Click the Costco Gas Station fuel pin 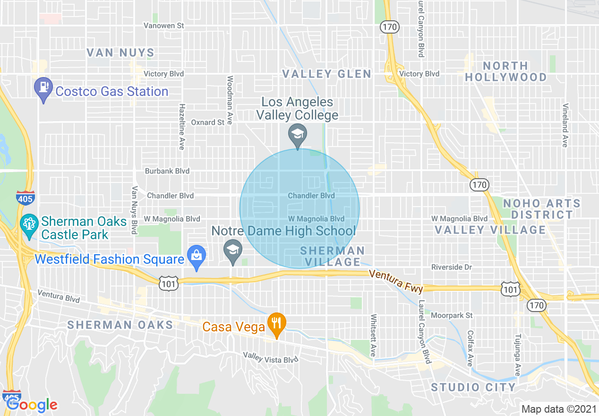click(x=43, y=88)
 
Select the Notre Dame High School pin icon click(x=232, y=251)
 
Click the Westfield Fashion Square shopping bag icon click(x=196, y=256)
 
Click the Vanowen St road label click(x=164, y=26)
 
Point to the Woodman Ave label click(x=230, y=100)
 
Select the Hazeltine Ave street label click(x=181, y=127)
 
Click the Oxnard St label click(x=207, y=122)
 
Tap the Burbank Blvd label click(x=167, y=171)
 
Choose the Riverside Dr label click(x=452, y=267)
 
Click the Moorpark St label click(x=452, y=315)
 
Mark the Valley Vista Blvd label click(x=271, y=357)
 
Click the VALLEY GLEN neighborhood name click(x=326, y=74)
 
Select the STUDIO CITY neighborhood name click(x=473, y=387)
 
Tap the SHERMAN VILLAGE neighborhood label click(x=333, y=256)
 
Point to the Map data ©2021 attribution click(x=558, y=409)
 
